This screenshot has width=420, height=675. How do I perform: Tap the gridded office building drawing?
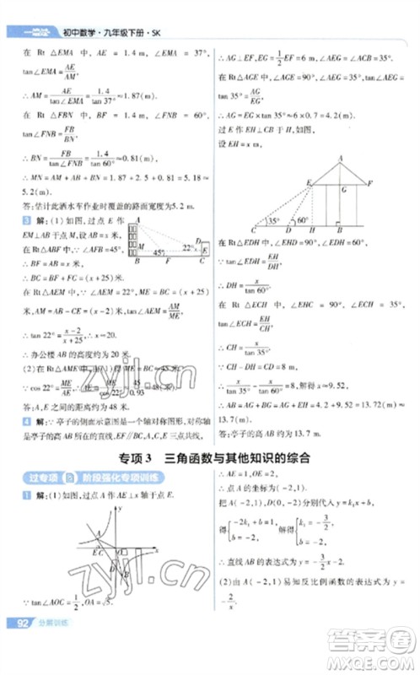coord(133,242)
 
